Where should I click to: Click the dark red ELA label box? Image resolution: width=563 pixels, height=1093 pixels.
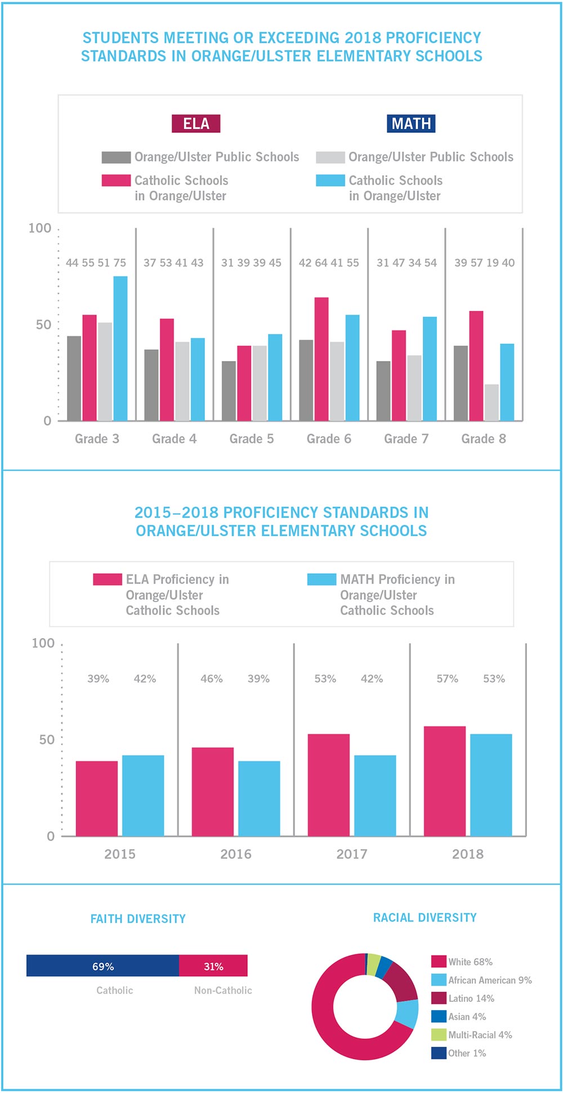(196, 123)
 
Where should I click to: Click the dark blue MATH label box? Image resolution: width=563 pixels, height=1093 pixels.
(411, 123)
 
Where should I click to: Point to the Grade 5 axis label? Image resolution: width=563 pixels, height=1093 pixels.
(252, 439)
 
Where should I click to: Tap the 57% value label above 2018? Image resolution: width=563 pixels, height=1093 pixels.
(447, 679)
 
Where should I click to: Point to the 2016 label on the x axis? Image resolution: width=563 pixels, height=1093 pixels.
(236, 854)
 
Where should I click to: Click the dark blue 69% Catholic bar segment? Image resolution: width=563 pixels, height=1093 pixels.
(102, 965)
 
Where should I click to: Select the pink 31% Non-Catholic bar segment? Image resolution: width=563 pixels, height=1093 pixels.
(213, 965)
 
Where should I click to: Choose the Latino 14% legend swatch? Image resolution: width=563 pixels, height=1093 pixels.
(439, 998)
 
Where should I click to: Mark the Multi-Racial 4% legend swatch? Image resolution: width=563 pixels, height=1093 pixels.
(439, 1034)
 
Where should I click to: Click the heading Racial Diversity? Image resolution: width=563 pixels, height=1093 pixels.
(425, 917)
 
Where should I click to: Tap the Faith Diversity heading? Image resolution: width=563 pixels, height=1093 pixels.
(138, 918)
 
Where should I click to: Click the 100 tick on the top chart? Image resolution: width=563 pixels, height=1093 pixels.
(39, 228)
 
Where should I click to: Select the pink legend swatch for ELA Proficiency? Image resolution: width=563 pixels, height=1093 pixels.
(107, 579)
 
